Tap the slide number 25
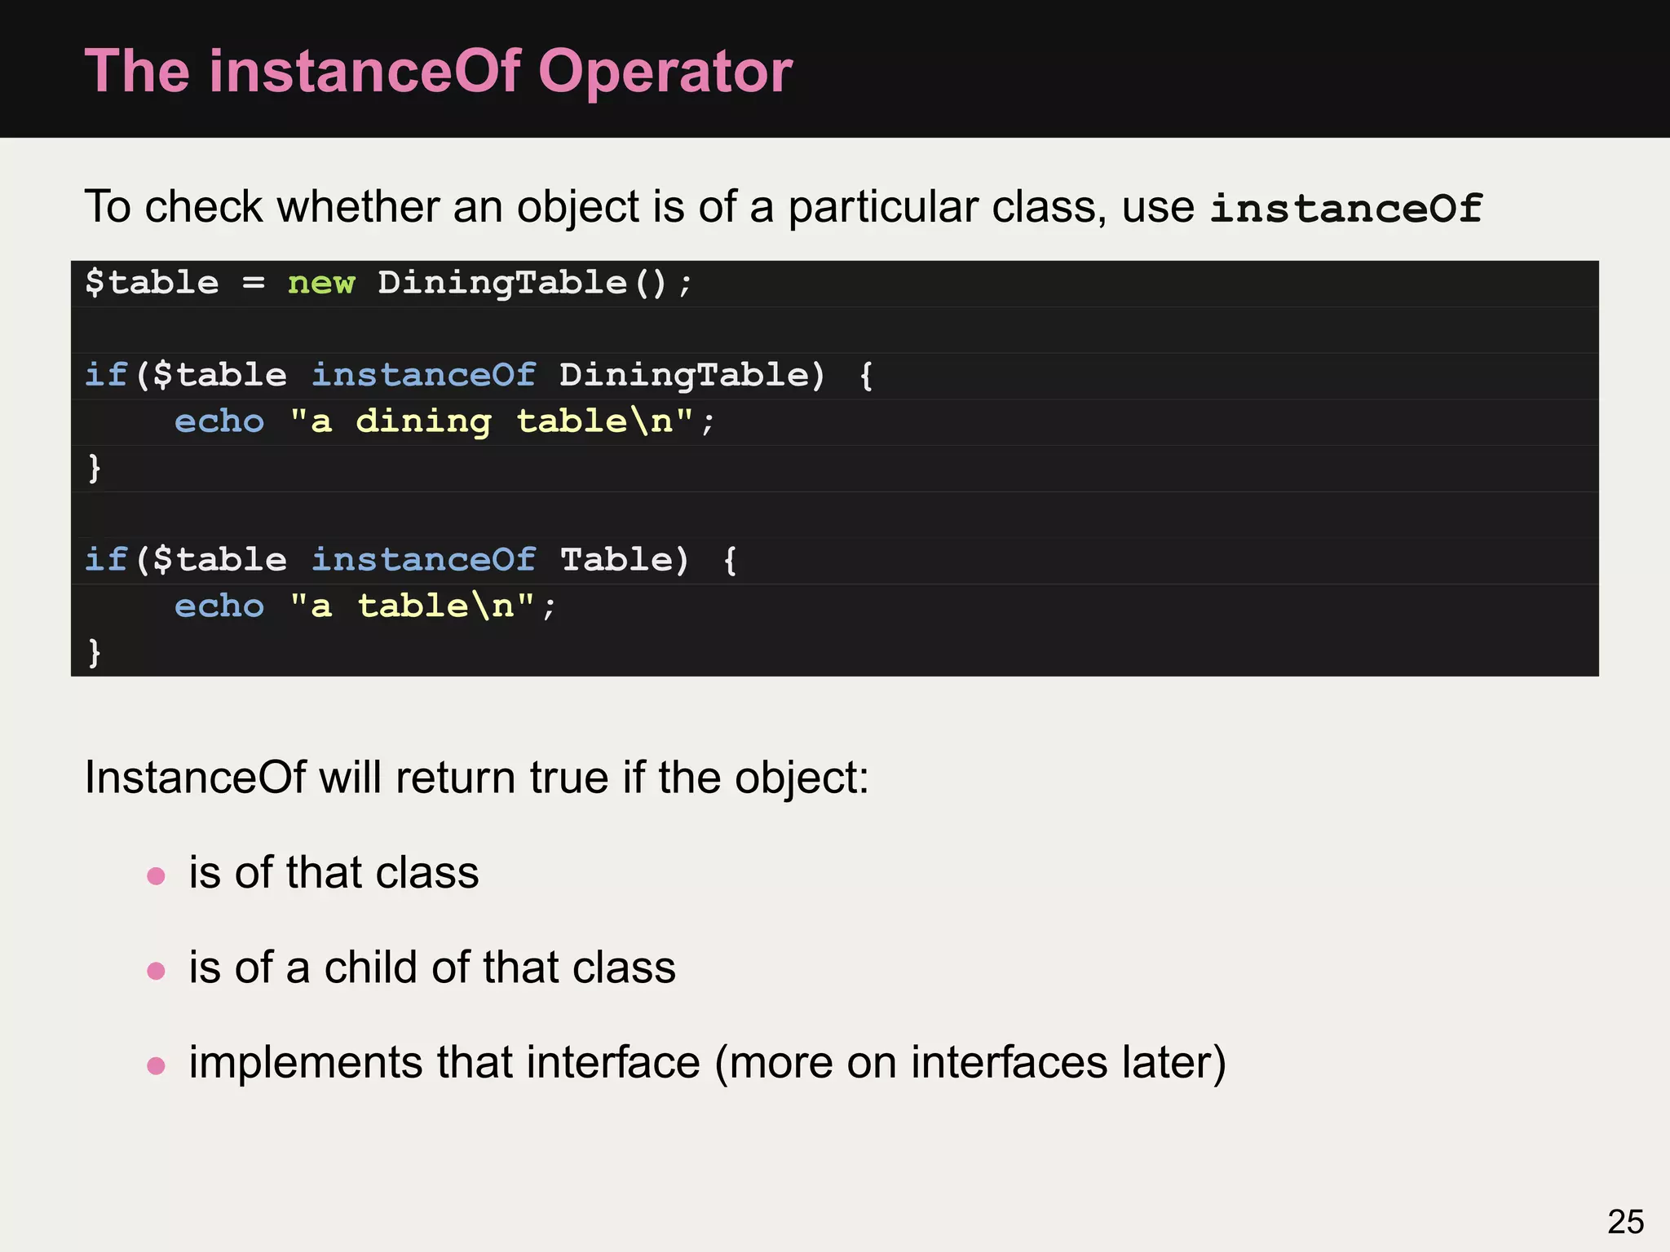(1625, 1222)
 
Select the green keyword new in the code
(321, 284)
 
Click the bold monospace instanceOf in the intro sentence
(1345, 209)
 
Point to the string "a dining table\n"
(492, 421)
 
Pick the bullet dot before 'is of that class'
(156, 876)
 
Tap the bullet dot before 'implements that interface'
(156, 1065)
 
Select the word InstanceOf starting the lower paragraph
(195, 778)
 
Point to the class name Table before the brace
(616, 560)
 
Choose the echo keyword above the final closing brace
(219, 606)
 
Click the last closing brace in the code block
(95, 652)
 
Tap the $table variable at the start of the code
(152, 284)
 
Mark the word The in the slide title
(137, 72)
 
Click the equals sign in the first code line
(254, 284)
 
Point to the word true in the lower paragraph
(568, 778)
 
